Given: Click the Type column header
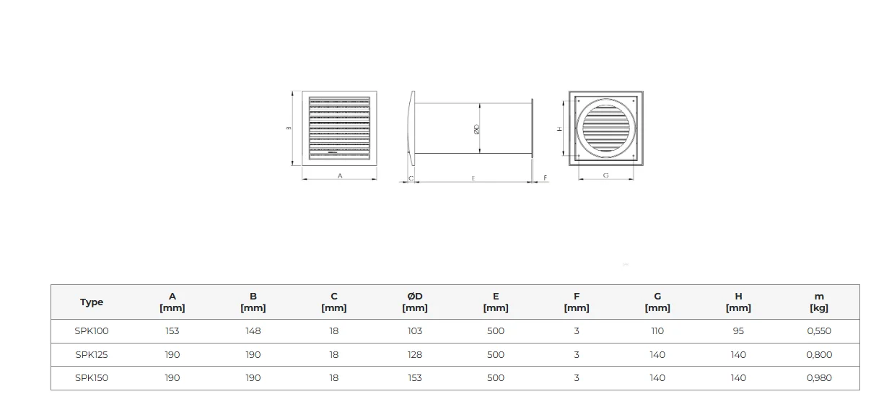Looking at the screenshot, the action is pyautogui.click(x=92, y=302).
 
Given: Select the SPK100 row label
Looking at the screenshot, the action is pyautogui.click(x=92, y=331).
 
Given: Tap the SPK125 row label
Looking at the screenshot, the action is pyautogui.click(x=92, y=354).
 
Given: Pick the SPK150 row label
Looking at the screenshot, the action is pyautogui.click(x=92, y=378).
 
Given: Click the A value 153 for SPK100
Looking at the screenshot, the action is pyautogui.click(x=172, y=331).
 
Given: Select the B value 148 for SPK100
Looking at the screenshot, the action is pyautogui.click(x=253, y=331).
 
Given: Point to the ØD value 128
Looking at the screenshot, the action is pyautogui.click(x=415, y=354).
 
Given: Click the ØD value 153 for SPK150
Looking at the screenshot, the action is pyautogui.click(x=415, y=378).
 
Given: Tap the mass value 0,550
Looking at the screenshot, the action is pyautogui.click(x=819, y=331).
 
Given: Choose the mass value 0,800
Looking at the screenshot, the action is pyautogui.click(x=819, y=354).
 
